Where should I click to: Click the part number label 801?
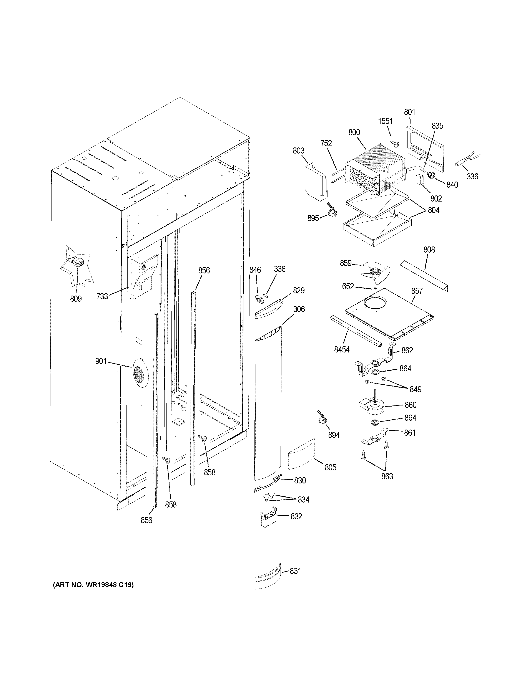pos(409,112)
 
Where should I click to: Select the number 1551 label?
pos(385,121)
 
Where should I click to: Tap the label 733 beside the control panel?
pos(102,296)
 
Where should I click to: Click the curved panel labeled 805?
pos(302,455)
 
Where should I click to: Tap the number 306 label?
pos(299,309)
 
